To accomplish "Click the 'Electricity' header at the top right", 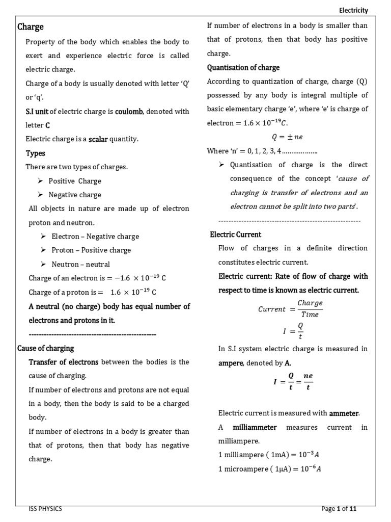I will click(x=353, y=10).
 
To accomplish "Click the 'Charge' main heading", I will click(x=31, y=27).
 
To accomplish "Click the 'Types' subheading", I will click(x=36, y=153).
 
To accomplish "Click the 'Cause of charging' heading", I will click(x=46, y=348).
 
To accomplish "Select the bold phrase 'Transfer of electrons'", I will click(x=64, y=362).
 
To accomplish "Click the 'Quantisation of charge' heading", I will click(x=243, y=67).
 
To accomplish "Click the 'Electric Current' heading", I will click(x=236, y=234).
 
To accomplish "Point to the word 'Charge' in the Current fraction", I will click(x=310, y=303).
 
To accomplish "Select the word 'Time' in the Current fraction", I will click(x=310, y=315).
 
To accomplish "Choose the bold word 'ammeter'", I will click(x=348, y=413).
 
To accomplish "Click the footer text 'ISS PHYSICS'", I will click(x=46, y=509).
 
